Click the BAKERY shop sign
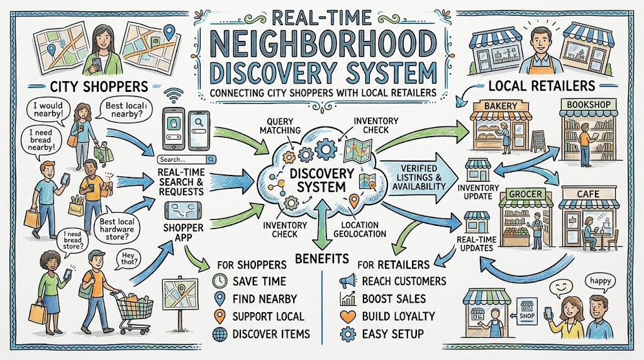tap(500, 106)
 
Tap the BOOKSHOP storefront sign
tap(589, 104)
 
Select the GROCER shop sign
tap(525, 194)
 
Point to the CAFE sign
tap(589, 194)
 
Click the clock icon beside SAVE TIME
tap(219, 281)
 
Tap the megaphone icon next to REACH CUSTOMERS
tap(347, 281)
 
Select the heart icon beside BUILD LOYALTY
tap(348, 316)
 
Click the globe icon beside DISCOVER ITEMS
tap(219, 334)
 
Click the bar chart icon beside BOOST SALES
tap(348, 299)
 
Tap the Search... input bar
tap(187, 159)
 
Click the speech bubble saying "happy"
tap(600, 282)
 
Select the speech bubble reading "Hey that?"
tap(128, 259)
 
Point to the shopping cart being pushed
tap(133, 312)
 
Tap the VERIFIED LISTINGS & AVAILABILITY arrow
tap(419, 177)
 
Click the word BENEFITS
tap(322, 259)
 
